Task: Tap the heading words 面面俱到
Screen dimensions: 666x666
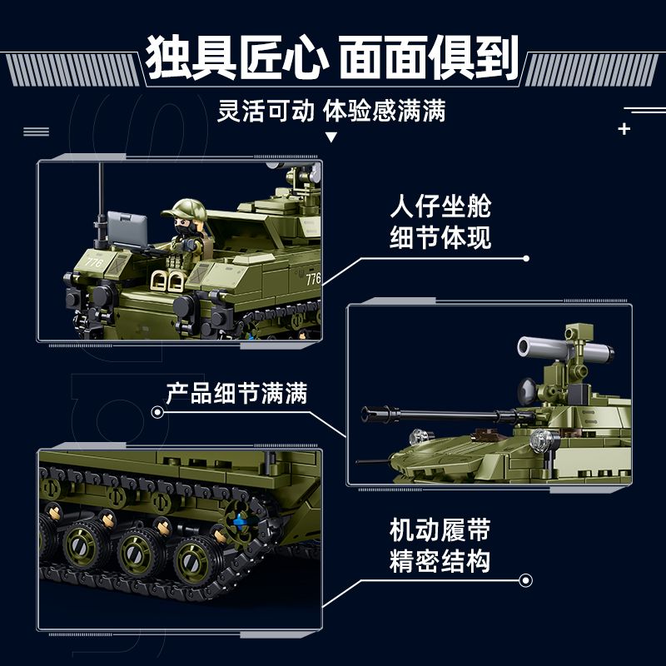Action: pos(429,57)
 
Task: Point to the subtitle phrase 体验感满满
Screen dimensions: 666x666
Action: pos(385,111)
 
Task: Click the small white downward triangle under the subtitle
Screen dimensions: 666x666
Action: pos(331,137)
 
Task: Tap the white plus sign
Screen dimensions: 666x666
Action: pos(624,129)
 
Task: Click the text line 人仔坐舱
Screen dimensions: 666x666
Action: pos(440,206)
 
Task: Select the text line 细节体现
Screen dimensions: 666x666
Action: pos(440,238)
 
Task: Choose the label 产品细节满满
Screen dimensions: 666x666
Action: pos(236,393)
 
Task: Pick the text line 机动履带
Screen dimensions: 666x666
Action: pos(440,529)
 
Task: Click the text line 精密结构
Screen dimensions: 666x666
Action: pos(440,561)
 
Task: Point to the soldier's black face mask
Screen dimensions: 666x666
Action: pos(183,226)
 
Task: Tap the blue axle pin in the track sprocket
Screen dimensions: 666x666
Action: pos(242,522)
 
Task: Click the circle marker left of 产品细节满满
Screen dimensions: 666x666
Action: pos(157,411)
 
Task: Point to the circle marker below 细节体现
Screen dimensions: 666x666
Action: pos(524,258)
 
